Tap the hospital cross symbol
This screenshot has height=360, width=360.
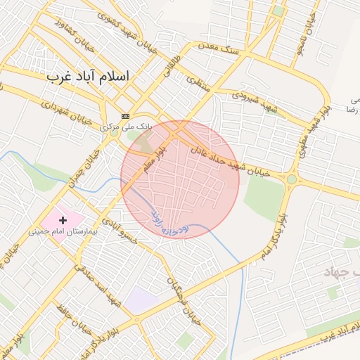click(63, 220)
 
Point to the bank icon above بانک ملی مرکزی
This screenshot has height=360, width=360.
click(125, 116)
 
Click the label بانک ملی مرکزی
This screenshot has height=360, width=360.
click(125, 127)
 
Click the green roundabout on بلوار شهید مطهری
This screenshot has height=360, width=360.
click(291, 180)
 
